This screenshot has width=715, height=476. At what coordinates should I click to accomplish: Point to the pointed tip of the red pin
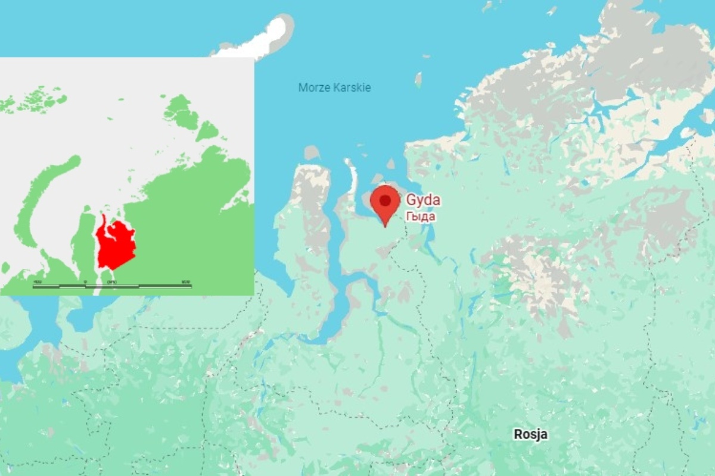[x=385, y=226]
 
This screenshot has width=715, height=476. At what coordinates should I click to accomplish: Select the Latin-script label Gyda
[x=423, y=200]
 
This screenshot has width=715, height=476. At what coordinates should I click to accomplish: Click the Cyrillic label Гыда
[x=421, y=217]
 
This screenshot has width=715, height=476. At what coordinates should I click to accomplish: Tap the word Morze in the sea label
[x=314, y=88]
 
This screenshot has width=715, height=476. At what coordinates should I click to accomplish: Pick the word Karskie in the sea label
[x=352, y=88]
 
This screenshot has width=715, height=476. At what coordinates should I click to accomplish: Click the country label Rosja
[x=530, y=434]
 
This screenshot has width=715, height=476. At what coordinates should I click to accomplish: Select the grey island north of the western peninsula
[x=311, y=153]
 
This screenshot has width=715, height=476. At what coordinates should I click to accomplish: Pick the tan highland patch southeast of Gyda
[x=536, y=274]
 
